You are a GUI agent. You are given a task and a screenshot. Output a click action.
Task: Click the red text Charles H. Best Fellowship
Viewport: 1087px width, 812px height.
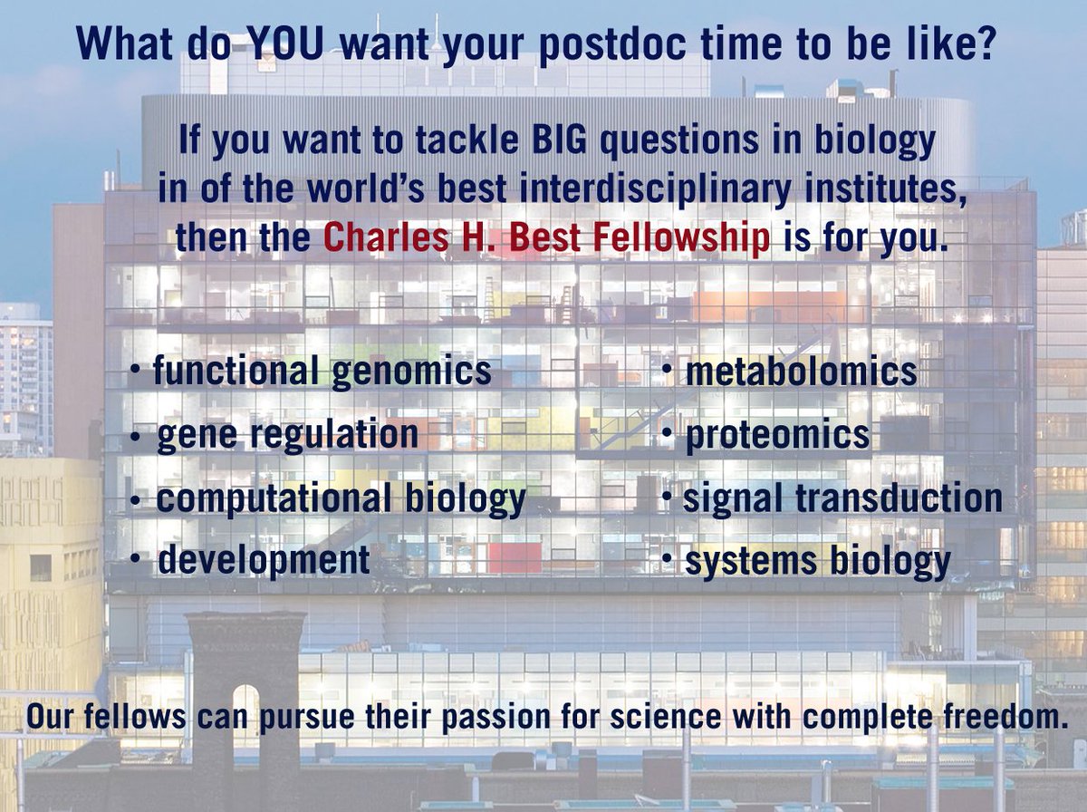click(x=546, y=237)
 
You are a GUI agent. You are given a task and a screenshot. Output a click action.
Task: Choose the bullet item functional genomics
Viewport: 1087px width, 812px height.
click(x=322, y=371)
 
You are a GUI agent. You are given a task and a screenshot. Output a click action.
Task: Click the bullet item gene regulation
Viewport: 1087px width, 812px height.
click(x=287, y=435)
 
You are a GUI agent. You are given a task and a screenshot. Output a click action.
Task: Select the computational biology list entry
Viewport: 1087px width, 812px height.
click(x=341, y=499)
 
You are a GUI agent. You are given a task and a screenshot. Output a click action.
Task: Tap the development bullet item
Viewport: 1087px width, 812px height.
click(x=264, y=560)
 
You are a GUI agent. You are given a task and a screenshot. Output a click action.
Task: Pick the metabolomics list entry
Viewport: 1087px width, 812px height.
click(x=800, y=372)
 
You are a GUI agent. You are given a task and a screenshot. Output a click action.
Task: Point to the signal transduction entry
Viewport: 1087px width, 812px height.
click(x=842, y=498)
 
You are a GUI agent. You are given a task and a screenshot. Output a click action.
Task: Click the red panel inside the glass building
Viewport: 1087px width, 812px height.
click(x=514, y=555)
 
